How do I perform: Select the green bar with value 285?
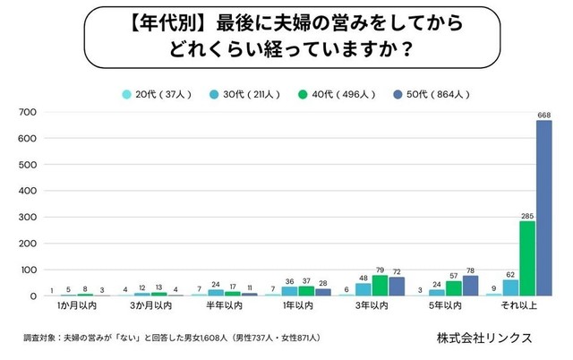[527, 258]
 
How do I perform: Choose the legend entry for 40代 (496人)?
[338, 94]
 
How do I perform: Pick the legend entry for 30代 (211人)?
[244, 94]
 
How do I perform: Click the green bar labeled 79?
[380, 286]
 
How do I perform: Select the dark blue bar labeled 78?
[470, 286]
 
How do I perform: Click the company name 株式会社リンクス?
[484, 338]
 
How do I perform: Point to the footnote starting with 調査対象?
[170, 339]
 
